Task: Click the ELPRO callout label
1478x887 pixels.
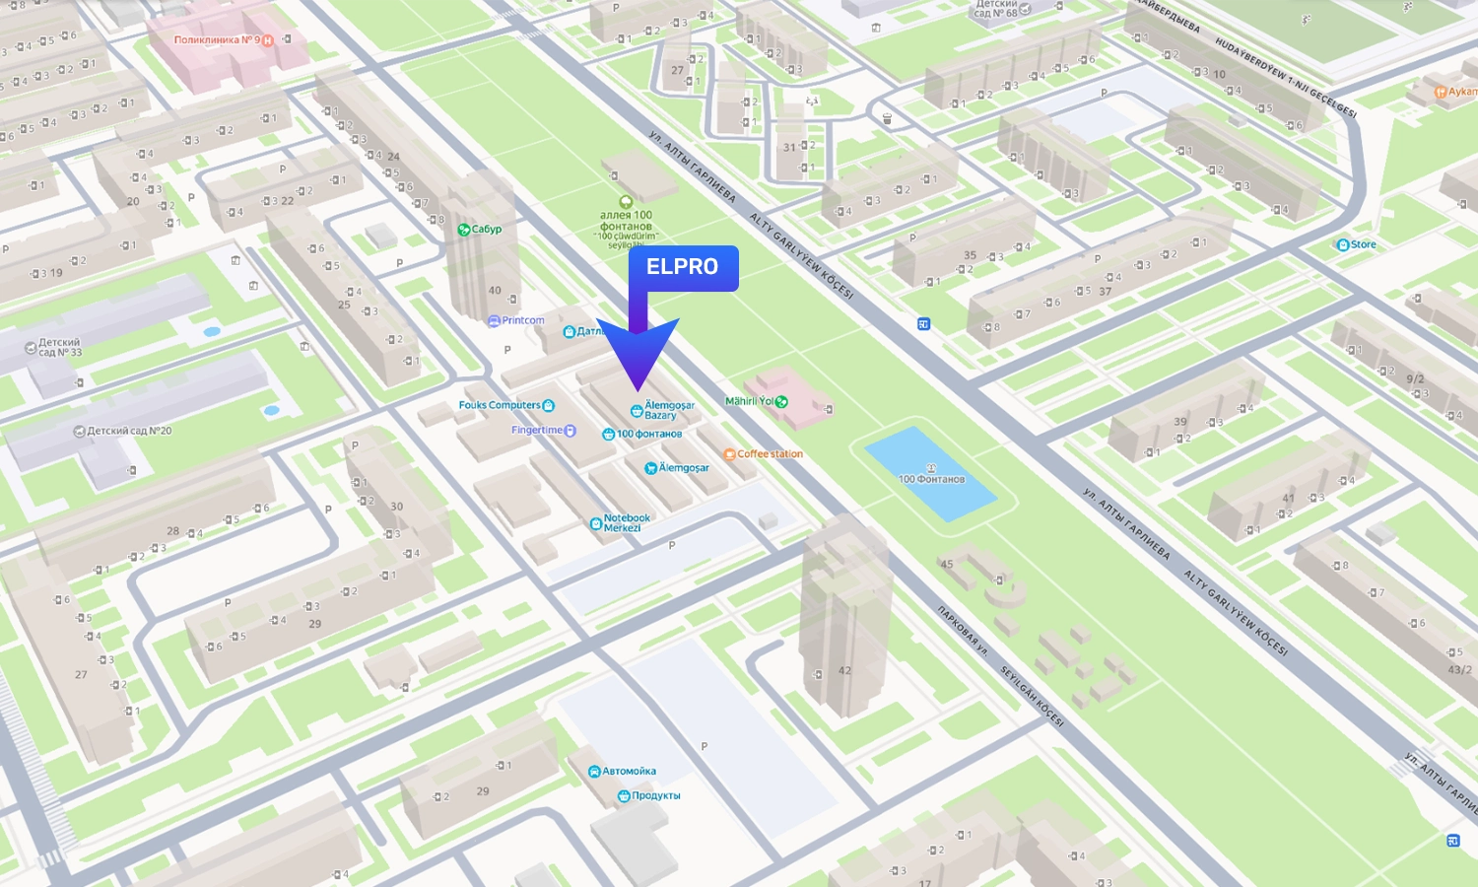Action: pyautogui.click(x=683, y=267)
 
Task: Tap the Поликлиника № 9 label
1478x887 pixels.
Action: pyautogui.click(x=218, y=40)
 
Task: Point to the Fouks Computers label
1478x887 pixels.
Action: pyautogui.click(x=501, y=405)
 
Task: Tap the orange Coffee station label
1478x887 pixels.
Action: pyautogui.click(x=768, y=454)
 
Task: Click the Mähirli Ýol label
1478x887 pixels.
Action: pyautogui.click(x=751, y=401)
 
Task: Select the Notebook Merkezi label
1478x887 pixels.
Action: pyautogui.click(x=623, y=523)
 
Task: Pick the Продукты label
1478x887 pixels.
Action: pyautogui.click(x=652, y=795)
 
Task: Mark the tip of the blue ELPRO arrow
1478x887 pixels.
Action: pyautogui.click(x=638, y=390)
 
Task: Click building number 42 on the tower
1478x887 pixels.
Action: pyautogui.click(x=844, y=670)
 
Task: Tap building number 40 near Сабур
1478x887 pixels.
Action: pyautogui.click(x=495, y=291)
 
